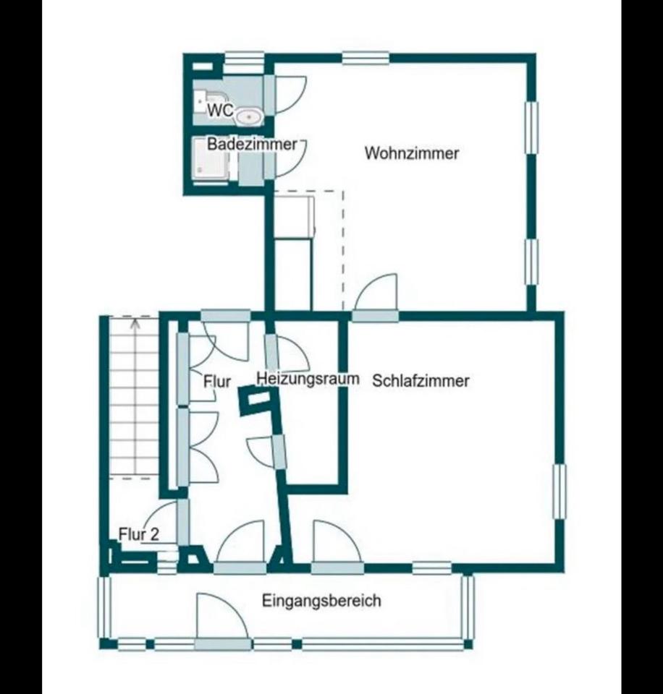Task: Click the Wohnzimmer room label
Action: (x=411, y=153)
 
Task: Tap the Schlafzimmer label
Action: (x=421, y=381)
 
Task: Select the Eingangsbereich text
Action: (x=321, y=601)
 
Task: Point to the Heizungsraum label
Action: (x=308, y=379)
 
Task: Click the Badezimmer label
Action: (x=252, y=145)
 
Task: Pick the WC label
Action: (x=220, y=110)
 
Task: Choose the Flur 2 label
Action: (x=139, y=534)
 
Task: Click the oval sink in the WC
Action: (x=249, y=116)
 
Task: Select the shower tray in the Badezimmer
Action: (x=211, y=159)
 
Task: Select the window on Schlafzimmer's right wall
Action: (x=559, y=492)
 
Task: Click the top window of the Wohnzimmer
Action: (x=366, y=58)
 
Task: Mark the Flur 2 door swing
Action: (x=162, y=521)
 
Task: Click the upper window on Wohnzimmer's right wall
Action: (x=531, y=128)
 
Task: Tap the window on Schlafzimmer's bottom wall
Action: (x=432, y=567)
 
